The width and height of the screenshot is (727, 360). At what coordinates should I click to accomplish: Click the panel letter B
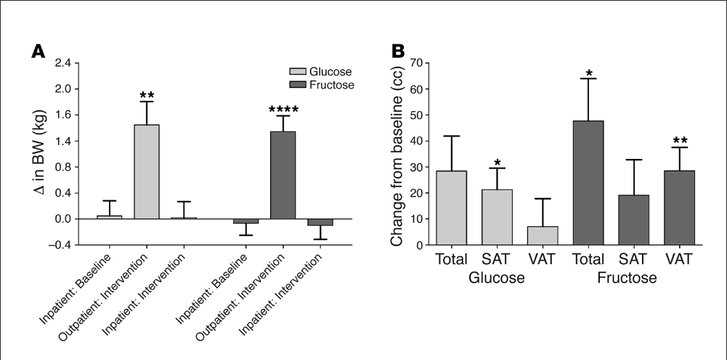point(398,52)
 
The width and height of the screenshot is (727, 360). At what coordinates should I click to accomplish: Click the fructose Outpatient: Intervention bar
point(283,175)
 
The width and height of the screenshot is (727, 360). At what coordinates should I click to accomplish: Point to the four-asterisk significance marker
point(283,110)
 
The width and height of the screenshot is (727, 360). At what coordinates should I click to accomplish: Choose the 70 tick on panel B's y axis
point(415,63)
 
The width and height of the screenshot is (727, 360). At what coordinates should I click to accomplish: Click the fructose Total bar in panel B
point(589,183)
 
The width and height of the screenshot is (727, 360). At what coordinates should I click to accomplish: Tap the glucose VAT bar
point(543,236)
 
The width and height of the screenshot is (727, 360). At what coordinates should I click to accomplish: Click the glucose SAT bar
point(497,217)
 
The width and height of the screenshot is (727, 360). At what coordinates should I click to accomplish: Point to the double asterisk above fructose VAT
point(681,141)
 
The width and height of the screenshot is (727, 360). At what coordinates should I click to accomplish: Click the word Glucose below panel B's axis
point(497,277)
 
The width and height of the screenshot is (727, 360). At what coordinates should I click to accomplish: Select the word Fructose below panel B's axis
point(628,277)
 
